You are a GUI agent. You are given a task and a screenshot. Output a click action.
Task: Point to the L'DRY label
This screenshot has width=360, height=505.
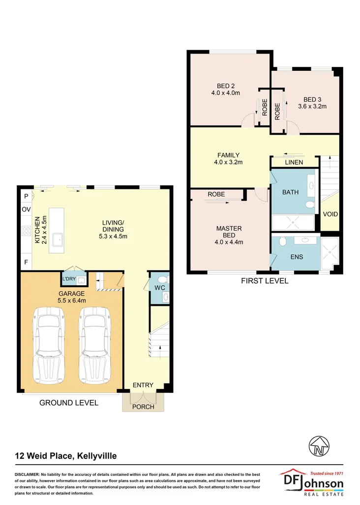[x=68, y=279]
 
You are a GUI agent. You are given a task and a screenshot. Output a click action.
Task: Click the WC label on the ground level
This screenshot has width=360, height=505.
[x=159, y=287]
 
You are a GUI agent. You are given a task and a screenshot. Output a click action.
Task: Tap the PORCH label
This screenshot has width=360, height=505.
[x=144, y=407]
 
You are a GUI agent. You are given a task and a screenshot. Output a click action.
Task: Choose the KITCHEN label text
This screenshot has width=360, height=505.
[x=37, y=230]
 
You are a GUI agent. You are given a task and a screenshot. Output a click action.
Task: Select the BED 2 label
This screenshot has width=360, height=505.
[x=225, y=86]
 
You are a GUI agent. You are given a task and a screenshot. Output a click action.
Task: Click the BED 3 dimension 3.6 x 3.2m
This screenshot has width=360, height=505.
[x=312, y=106]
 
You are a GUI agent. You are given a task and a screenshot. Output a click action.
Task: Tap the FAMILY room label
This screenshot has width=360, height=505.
[x=228, y=155]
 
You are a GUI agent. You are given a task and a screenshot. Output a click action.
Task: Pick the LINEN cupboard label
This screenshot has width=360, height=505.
[x=294, y=162]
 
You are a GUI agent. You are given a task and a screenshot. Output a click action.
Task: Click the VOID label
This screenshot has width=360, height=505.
[x=330, y=214]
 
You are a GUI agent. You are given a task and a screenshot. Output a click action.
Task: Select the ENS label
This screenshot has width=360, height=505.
[x=297, y=257]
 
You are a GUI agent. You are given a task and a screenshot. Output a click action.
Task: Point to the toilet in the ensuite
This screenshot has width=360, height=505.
[x=282, y=242]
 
